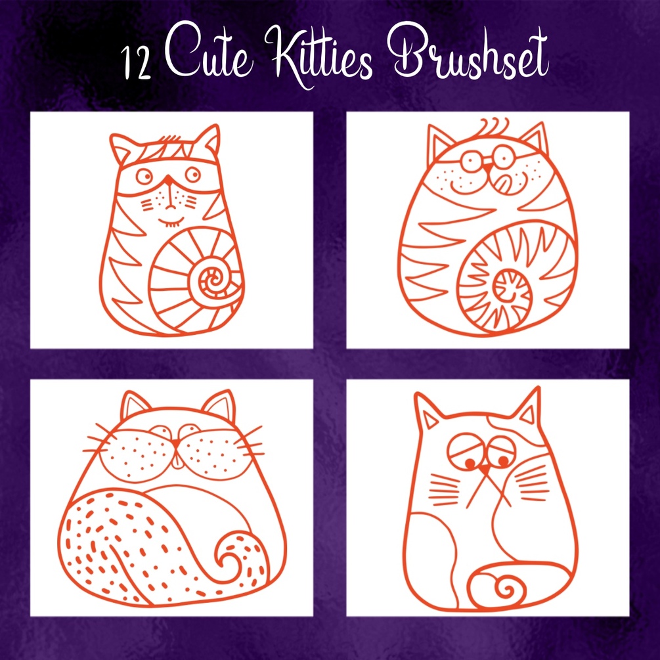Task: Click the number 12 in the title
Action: (136, 63)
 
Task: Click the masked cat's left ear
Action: (121, 148)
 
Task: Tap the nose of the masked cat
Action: (168, 181)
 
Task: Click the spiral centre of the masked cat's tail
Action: (214, 278)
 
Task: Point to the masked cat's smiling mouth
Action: (171, 221)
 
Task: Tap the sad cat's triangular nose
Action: (485, 468)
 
